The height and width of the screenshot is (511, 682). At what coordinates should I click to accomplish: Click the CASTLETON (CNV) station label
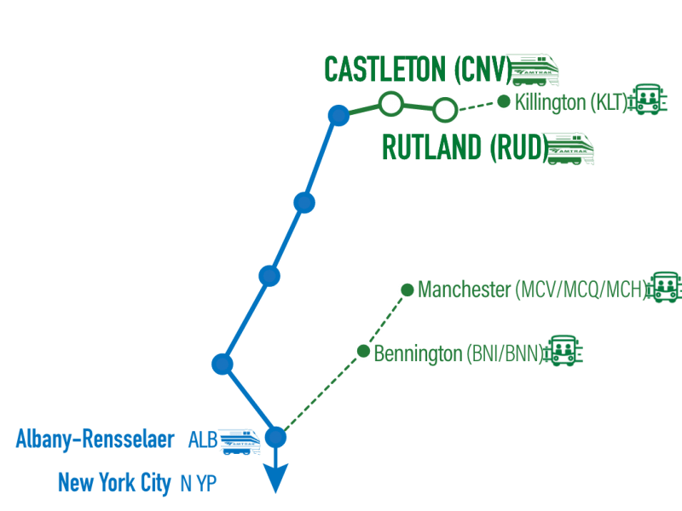418,70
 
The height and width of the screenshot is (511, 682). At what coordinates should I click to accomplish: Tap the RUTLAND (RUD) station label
465,147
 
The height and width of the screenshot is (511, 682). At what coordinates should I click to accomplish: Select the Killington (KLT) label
571,102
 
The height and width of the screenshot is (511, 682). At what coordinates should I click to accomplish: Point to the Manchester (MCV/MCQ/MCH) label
532,290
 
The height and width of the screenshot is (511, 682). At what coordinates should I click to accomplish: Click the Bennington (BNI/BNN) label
459,353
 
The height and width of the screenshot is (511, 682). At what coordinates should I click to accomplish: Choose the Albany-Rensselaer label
95,439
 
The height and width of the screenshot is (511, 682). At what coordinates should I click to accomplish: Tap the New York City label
114,482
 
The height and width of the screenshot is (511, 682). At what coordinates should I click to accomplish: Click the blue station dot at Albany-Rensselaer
275,437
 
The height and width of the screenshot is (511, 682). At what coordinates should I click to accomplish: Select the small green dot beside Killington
504,101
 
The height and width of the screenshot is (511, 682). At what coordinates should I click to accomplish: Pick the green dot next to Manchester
407,290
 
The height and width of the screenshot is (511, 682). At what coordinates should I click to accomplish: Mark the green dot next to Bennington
363,351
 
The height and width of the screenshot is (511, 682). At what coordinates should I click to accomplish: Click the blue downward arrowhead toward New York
275,478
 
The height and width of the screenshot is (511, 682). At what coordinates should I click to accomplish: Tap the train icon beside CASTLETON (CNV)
534,70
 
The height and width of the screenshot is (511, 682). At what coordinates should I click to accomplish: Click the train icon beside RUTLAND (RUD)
569,148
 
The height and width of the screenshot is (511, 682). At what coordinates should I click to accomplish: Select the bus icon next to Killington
648,100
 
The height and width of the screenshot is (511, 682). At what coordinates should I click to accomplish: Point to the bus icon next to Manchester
664,287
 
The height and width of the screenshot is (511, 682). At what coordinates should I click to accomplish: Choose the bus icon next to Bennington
564,350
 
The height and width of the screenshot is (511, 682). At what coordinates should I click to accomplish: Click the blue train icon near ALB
239,442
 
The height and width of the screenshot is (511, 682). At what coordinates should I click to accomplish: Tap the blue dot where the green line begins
338,116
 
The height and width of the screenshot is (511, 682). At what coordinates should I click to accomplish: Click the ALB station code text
203,439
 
